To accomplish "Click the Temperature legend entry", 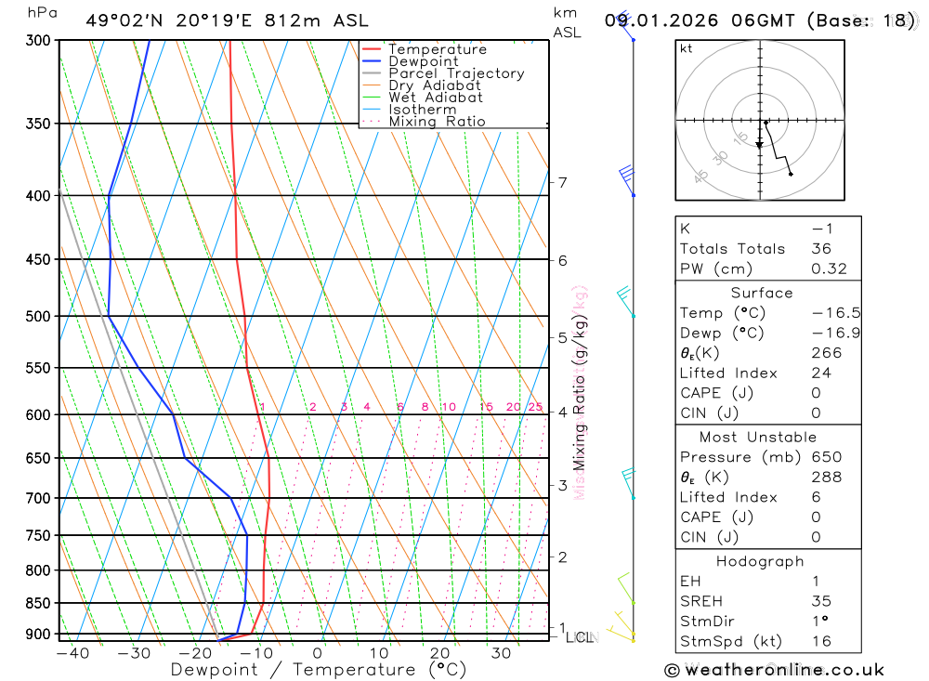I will (x=437, y=49).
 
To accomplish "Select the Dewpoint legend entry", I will (x=423, y=61).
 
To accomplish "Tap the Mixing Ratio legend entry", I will (x=437, y=121).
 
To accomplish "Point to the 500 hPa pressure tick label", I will (x=38, y=316).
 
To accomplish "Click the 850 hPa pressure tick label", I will (x=38, y=603).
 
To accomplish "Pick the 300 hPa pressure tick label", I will (x=38, y=41).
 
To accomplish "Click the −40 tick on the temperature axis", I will (x=72, y=652).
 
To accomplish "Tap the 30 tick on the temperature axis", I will (x=501, y=652).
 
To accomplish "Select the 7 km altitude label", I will (x=563, y=182).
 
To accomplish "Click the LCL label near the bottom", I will (x=582, y=637).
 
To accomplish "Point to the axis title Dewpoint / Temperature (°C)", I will (x=319, y=669).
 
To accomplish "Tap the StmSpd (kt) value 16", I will (x=820, y=641).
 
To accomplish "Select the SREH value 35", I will (x=820, y=601).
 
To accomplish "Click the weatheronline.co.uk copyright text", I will (x=774, y=669).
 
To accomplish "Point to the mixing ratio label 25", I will (x=535, y=407).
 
